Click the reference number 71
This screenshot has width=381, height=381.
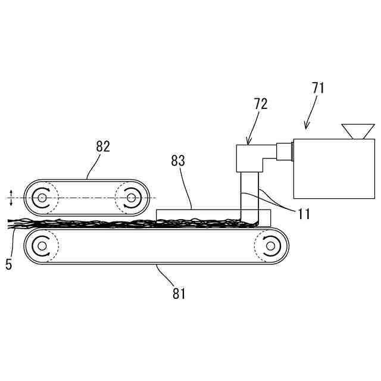pos(318,88)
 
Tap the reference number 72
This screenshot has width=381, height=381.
pos(260,103)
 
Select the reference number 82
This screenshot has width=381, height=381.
pos(103,146)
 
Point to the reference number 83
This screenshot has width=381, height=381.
pos(178,160)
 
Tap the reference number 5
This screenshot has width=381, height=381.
pos(8,264)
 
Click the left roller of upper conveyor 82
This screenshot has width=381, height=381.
pos(42,197)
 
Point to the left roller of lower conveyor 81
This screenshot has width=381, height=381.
pos(40,245)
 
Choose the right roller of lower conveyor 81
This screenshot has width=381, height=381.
pos(270,245)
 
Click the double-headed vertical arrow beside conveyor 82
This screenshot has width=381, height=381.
pos(11,197)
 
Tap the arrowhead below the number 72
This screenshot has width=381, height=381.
pos(249,142)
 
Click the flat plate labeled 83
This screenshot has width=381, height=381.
pos(196,214)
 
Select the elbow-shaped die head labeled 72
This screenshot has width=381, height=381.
pos(250,158)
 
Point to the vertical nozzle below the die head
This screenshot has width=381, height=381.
pos(249,196)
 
